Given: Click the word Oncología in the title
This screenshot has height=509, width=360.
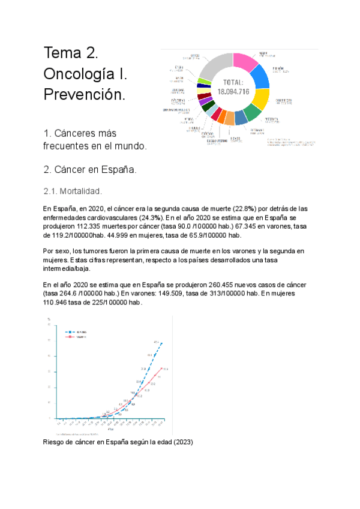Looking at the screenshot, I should point(80,74).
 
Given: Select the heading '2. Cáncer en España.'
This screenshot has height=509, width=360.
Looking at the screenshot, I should point(90,169).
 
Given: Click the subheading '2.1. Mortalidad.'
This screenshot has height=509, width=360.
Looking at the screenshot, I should point(73,191).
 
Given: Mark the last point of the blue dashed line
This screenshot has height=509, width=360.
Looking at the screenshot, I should point(161,344).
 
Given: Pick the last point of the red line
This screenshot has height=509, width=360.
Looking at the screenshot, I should point(161,368).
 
